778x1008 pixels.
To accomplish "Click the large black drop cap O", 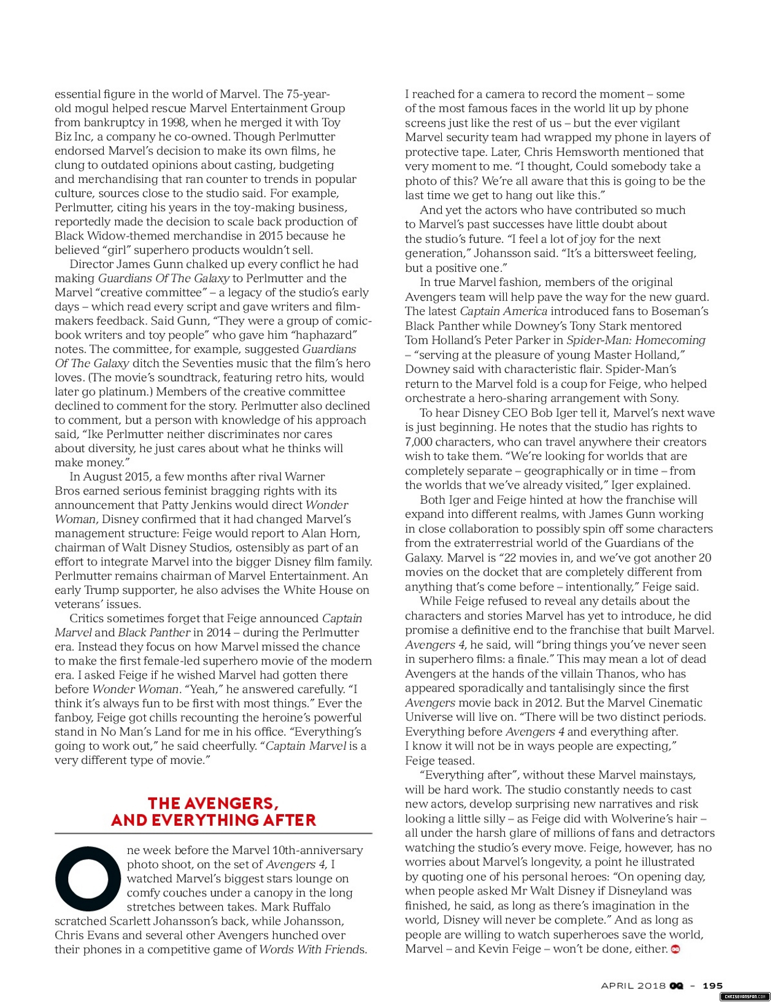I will pyautogui.click(x=88, y=879).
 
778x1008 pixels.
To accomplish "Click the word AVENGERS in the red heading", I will pyautogui.click(x=231, y=804).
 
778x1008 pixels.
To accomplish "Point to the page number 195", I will pyautogui.click(x=712, y=985).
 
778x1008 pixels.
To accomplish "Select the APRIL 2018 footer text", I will pyautogui.click(x=633, y=985).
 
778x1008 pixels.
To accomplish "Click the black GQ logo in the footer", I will pyautogui.click(x=677, y=985).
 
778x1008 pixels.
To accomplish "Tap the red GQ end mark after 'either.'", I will pyautogui.click(x=676, y=949).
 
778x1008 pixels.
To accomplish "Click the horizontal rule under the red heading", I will pyautogui.click(x=213, y=833).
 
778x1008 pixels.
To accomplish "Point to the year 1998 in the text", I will pyautogui.click(x=174, y=122).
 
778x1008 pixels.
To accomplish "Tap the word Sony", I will pyautogui.click(x=663, y=398).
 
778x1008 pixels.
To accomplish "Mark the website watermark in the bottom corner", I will pyautogui.click(x=744, y=998).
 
